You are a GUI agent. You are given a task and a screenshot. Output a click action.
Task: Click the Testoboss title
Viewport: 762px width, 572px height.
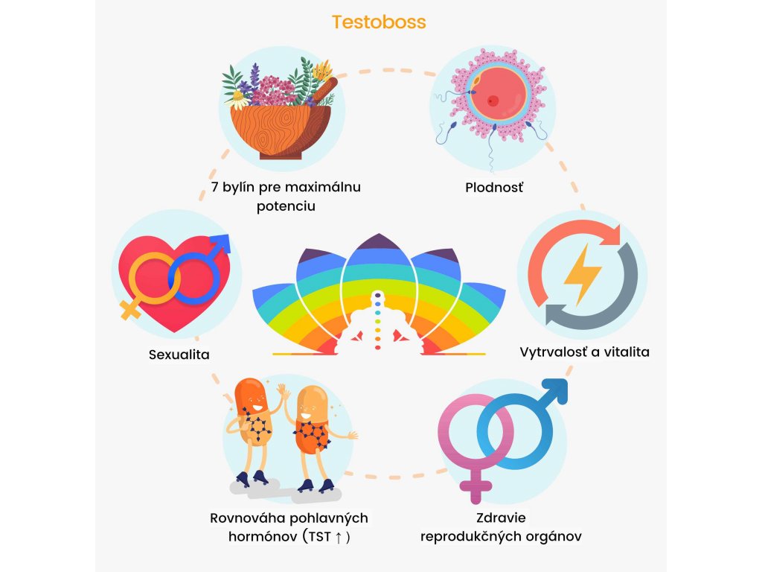[x=379, y=22]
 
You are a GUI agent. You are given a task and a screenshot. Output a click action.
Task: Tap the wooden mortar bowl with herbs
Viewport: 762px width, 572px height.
[x=280, y=131]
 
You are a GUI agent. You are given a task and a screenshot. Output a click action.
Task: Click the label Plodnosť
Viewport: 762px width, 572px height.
[x=494, y=187]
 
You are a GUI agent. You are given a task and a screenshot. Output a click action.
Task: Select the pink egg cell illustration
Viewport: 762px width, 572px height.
[x=493, y=99]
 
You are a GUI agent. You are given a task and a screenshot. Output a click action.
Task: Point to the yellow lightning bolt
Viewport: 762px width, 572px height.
[x=583, y=275]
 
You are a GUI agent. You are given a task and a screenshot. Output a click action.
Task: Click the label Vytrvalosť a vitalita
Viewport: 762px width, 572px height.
[x=584, y=352]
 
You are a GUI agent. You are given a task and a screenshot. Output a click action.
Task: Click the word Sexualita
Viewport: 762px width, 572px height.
[x=179, y=355]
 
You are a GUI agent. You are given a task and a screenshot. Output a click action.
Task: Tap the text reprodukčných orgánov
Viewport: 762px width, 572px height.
[x=501, y=536]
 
